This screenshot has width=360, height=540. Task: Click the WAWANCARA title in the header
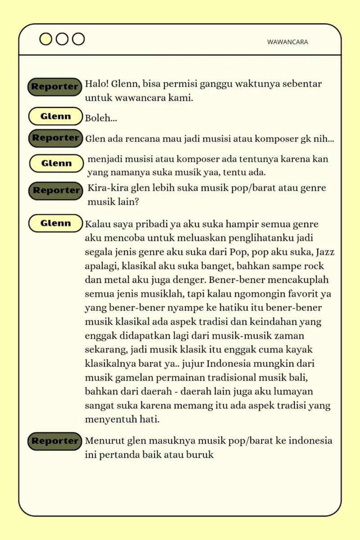click(287, 42)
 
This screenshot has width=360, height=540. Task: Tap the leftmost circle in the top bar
click(46, 39)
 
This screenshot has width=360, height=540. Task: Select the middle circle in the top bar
click(62, 39)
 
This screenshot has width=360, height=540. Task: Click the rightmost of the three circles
click(78, 39)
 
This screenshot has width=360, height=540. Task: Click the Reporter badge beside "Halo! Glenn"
click(55, 86)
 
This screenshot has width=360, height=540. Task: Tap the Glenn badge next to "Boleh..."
click(55, 116)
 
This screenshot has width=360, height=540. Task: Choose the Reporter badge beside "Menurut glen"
click(55, 441)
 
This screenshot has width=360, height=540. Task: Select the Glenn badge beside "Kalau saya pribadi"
click(55, 223)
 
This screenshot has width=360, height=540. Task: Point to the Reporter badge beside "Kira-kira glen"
click(56, 190)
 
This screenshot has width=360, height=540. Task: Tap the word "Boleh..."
click(101, 118)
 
